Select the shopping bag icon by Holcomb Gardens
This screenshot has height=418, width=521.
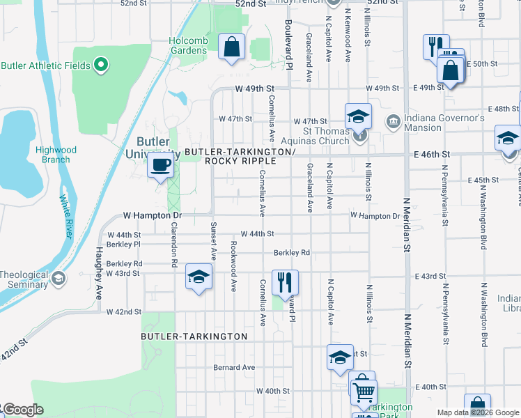(x=231, y=47)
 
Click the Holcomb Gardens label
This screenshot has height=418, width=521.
(x=188, y=45)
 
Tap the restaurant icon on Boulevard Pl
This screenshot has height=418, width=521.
(x=285, y=282)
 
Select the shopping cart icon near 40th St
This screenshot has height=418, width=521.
(x=363, y=389)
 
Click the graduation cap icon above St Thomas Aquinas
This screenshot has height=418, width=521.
(x=358, y=116)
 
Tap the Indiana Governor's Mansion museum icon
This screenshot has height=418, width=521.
(x=394, y=123)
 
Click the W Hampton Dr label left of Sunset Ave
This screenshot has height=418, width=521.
(x=143, y=216)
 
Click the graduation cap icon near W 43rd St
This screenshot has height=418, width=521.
(x=199, y=278)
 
